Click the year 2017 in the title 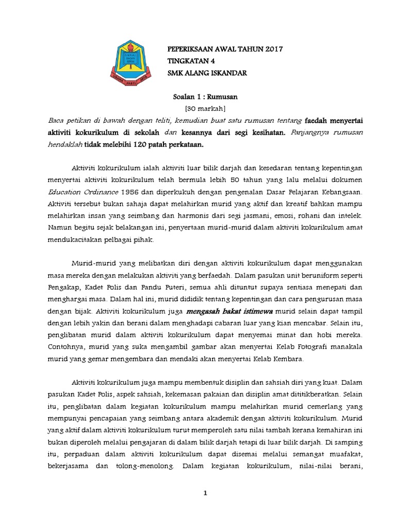pos(274,49)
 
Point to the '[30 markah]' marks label pos(205,108)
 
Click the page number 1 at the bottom pos(205,493)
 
